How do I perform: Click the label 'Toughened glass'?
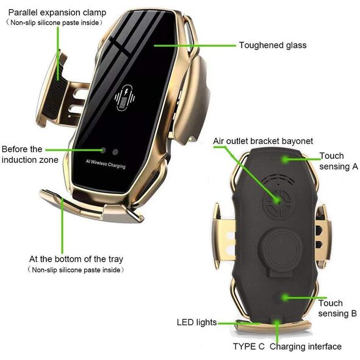pyautogui.click(x=273, y=45)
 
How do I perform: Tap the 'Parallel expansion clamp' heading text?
pyautogui.click(x=57, y=12)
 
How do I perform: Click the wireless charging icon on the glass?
pyautogui.click(x=124, y=98)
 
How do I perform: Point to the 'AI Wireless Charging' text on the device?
pyautogui.click(x=106, y=164)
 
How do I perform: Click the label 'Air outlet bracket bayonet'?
pyautogui.click(x=263, y=141)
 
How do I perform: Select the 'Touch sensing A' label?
pyautogui.click(x=339, y=161)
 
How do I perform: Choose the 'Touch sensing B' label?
pyautogui.click(x=337, y=308)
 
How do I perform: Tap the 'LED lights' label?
pyautogui.click(x=196, y=322)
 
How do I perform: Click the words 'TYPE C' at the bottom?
pyautogui.click(x=249, y=346)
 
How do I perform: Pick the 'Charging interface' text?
pyautogui.click(x=306, y=347)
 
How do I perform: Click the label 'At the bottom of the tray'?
pyautogui.click(x=76, y=259)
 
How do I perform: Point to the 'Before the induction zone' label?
pyautogui.click(x=30, y=154)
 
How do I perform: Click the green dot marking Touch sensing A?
pyautogui.click(x=285, y=159)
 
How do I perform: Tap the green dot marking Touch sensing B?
pyautogui.click(x=285, y=298)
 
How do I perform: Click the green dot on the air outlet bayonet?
pyautogui.click(x=278, y=201)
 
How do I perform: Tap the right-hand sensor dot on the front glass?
pyautogui.click(x=115, y=152)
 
